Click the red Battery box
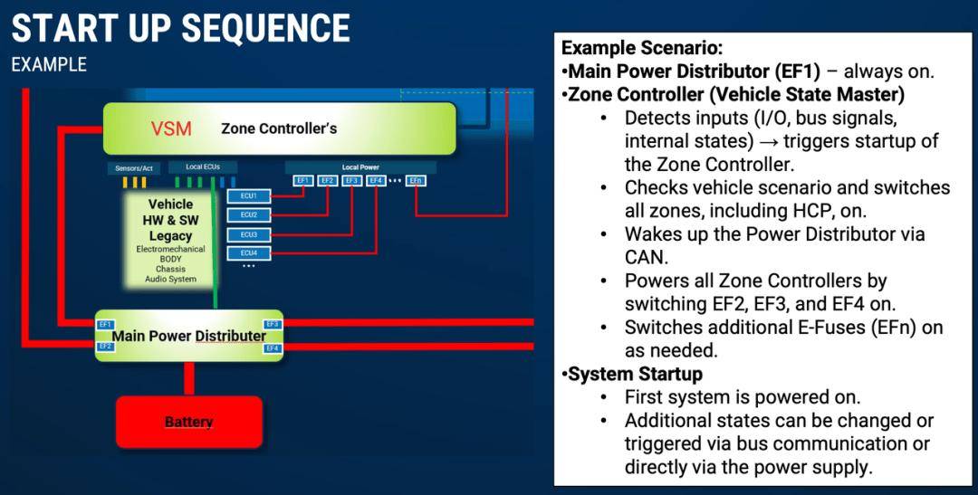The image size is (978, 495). click(188, 422)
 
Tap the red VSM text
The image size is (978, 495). click(171, 129)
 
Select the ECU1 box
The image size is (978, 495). click(249, 196)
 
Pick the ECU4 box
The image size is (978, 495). click(249, 253)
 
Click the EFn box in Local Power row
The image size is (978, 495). click(416, 181)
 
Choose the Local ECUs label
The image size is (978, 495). click(203, 167)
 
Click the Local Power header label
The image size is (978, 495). click(360, 167)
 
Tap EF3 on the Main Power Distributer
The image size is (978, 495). click(272, 324)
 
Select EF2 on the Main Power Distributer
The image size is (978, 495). click(105, 347)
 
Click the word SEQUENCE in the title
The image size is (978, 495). click(264, 28)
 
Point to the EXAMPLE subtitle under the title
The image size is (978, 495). click(49, 65)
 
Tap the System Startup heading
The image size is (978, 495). click(635, 374)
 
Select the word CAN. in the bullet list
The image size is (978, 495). click(645, 257)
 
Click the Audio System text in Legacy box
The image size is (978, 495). click(170, 280)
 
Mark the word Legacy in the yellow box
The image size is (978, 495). click(171, 236)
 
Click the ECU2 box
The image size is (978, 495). click(249, 215)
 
